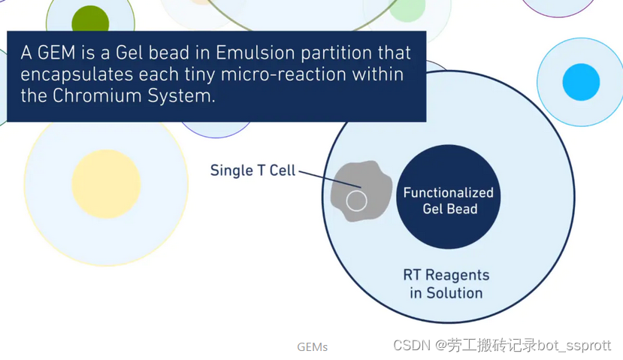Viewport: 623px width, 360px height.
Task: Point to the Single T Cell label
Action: point(253,171)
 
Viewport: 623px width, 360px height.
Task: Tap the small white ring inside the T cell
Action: point(356,201)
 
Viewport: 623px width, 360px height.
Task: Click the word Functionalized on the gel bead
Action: point(448,192)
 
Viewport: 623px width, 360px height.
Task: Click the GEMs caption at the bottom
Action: point(313,347)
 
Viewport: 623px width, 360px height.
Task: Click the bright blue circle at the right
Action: point(581,82)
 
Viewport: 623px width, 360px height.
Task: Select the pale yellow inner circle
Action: point(106,184)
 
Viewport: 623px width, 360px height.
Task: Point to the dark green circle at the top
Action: point(89,19)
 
